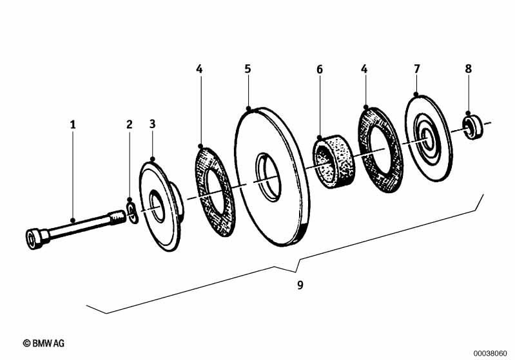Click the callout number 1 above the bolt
[x=73, y=124]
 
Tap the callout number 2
[x=130, y=124]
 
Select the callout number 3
[x=152, y=124]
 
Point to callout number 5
[x=248, y=69]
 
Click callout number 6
[x=320, y=70]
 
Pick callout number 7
[x=417, y=69]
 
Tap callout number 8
[x=469, y=69]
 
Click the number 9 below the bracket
[x=300, y=285]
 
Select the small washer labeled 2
[x=132, y=214]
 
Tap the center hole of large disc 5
[x=268, y=177]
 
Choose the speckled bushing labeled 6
[x=333, y=161]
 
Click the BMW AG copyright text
[x=44, y=343]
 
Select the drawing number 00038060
[x=490, y=354]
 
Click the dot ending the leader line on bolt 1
[x=73, y=220]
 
